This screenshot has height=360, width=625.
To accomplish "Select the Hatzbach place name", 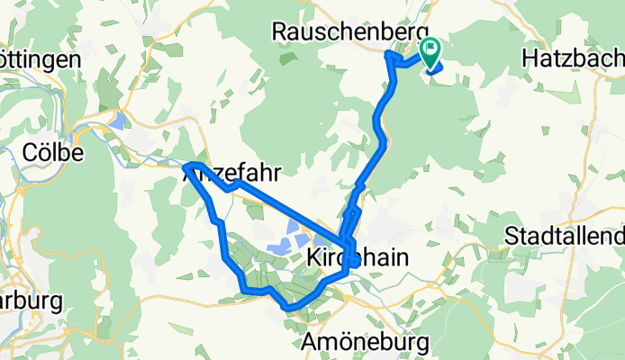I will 572,58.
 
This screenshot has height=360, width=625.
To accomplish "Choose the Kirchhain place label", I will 358,257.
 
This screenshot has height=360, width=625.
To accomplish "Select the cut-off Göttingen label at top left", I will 41,59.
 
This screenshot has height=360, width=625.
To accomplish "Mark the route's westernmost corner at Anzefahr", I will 186,166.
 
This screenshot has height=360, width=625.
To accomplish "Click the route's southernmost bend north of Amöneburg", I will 288,307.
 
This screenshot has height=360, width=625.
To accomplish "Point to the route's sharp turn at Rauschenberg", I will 389,56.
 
